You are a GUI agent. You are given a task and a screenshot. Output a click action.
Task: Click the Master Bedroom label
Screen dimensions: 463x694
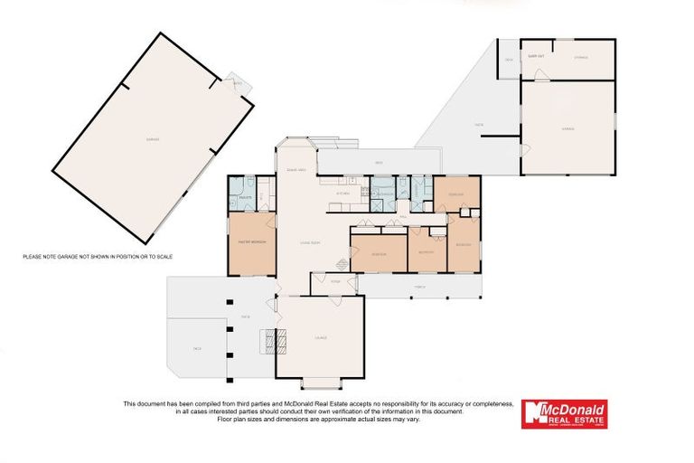click(249, 243)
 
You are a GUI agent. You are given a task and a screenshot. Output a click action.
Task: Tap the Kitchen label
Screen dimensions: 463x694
click(343, 194)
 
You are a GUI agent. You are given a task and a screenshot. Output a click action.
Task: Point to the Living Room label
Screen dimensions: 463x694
click(312, 243)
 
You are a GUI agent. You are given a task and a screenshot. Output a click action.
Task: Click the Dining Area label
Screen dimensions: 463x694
click(295, 169)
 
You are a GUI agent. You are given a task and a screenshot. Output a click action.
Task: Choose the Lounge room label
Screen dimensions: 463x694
click(320, 337)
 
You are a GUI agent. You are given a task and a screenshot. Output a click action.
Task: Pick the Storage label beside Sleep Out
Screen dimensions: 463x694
click(581, 57)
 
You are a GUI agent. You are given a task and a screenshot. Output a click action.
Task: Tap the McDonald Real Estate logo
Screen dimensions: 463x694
click(565, 414)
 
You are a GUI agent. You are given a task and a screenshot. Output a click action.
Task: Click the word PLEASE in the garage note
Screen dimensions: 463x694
click(33, 257)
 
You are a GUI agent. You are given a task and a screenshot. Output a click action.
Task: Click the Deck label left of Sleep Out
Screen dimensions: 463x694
click(509, 60)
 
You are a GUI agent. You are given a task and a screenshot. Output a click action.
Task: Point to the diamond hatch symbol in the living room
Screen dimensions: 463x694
click(341, 264)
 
